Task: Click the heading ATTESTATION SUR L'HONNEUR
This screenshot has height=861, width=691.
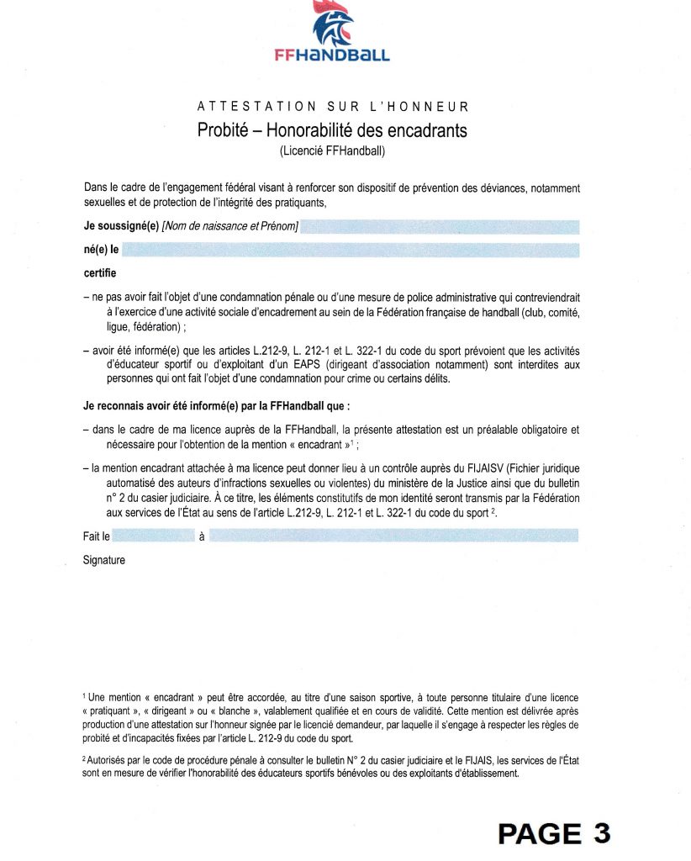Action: pyautogui.click(x=332, y=107)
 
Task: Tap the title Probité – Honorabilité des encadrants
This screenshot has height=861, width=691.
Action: pyautogui.click(x=332, y=130)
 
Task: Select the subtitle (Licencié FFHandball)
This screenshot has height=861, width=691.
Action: pyautogui.click(x=332, y=151)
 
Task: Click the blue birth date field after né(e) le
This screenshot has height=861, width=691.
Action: pyautogui.click(x=351, y=250)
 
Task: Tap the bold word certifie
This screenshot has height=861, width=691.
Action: pyautogui.click(x=100, y=273)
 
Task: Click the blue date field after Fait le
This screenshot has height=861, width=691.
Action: pyautogui.click(x=153, y=536)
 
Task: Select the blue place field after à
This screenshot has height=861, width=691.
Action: pyautogui.click(x=393, y=536)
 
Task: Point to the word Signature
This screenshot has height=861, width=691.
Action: pyautogui.click(x=104, y=560)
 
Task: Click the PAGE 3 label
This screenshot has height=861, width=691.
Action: pyautogui.click(x=554, y=832)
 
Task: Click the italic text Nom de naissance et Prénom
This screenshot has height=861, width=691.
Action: pyautogui.click(x=230, y=226)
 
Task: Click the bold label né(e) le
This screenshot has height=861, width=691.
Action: pyautogui.click(x=101, y=250)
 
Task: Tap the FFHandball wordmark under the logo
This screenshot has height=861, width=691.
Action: pyautogui.click(x=332, y=55)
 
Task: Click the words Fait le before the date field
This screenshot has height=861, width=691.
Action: pyautogui.click(x=96, y=536)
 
